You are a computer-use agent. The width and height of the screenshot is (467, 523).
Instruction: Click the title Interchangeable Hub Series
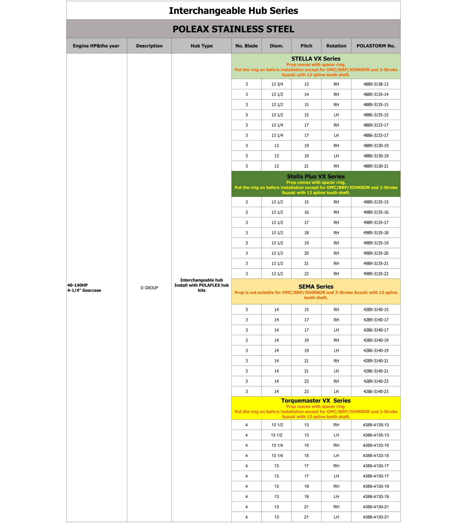coord(233,11)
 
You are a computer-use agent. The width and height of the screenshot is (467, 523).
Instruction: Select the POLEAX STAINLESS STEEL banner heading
coord(233,29)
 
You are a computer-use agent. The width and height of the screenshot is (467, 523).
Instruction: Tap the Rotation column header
coord(336,46)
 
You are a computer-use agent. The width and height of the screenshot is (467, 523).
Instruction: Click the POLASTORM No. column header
coord(376,46)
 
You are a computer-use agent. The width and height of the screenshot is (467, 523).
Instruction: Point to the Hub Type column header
coord(201,46)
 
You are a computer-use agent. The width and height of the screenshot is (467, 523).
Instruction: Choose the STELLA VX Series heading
coord(316,59)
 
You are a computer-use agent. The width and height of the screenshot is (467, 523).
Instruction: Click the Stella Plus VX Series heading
coord(316,176)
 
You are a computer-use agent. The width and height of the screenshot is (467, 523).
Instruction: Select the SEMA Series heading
coord(316,287)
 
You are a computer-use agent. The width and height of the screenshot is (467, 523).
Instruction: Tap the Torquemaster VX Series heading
coord(316,401)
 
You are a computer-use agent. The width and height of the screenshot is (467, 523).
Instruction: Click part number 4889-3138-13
coord(376,84)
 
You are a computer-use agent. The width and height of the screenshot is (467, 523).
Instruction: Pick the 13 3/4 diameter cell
coord(277,84)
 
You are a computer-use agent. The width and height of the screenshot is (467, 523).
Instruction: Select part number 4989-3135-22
coord(376,274)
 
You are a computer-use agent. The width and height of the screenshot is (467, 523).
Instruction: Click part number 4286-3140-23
coord(376,391)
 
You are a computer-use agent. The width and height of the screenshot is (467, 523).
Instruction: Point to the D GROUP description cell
coord(149,288)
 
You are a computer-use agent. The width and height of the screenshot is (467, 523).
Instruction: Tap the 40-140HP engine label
coord(77,285)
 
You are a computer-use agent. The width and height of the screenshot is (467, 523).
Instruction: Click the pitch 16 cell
coord(306,212)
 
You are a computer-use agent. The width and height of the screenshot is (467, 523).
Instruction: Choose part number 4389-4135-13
coord(376,425)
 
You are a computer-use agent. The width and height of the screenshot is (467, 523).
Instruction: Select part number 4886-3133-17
coord(376,136)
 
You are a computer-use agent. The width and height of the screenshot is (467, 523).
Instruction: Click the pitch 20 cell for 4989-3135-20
coord(306,253)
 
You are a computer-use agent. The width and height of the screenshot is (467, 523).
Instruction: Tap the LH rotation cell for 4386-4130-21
coord(336,517)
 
